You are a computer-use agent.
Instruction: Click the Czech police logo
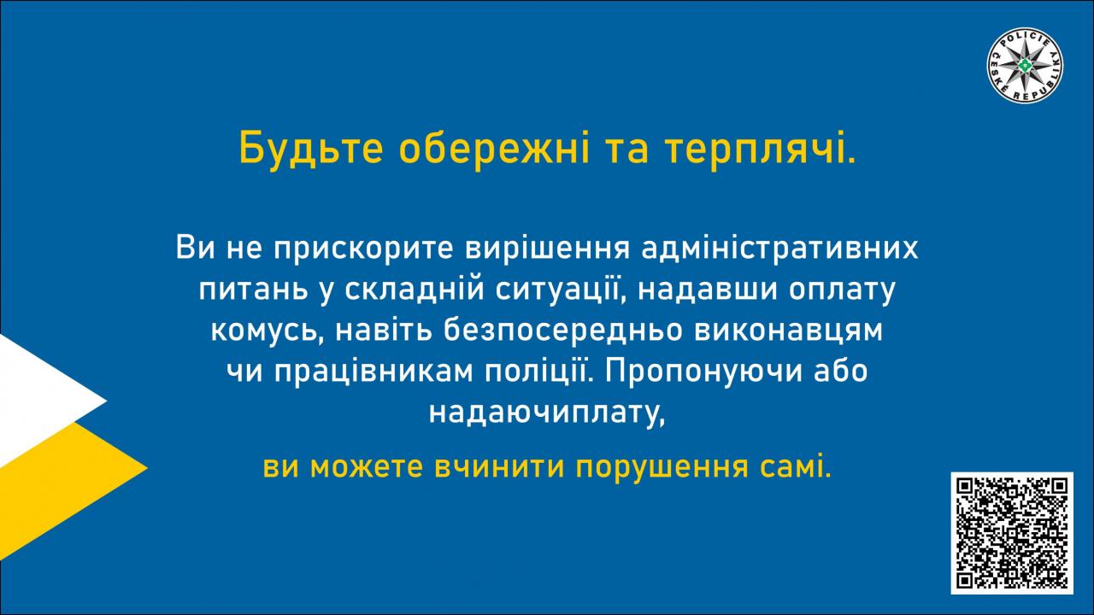1025,66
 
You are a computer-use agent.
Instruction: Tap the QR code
1012,533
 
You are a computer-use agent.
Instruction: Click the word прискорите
363,249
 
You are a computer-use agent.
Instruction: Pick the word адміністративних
780,249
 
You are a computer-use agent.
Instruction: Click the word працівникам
373,372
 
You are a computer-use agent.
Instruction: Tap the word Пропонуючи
703,372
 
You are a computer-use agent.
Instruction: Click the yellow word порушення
662,467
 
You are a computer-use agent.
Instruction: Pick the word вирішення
547,249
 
